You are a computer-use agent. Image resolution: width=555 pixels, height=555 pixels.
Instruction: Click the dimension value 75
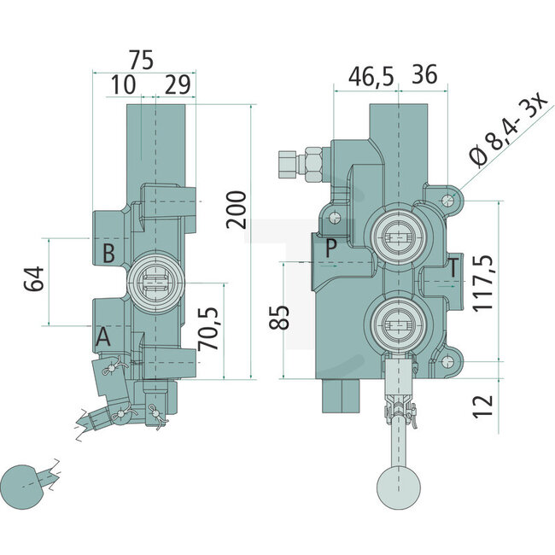pos(143,59)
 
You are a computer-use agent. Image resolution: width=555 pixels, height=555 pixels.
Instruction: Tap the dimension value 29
pos(177,85)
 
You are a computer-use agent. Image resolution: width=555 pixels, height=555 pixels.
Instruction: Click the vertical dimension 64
pos(33,280)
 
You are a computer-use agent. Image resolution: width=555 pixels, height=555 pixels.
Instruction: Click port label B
pos(108,253)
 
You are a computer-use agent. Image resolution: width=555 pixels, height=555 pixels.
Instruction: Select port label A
pos(103,338)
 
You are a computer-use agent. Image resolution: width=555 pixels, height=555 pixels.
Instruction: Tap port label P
pos(331,248)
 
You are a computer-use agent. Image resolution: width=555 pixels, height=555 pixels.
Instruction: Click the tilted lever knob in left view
pos(23,485)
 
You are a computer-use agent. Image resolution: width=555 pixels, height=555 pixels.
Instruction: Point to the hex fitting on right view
pos(302,163)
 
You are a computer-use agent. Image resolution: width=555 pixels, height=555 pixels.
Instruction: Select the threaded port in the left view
pos(154,283)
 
